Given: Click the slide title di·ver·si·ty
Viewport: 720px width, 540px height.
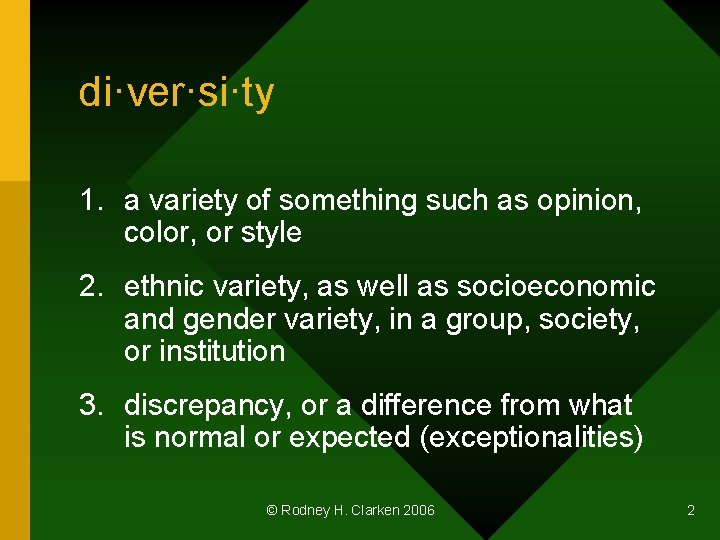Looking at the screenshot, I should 177,93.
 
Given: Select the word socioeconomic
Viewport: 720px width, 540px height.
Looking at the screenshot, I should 556,287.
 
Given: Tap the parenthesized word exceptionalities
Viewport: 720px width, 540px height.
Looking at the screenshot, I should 532,437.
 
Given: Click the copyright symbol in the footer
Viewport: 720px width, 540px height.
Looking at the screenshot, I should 271,510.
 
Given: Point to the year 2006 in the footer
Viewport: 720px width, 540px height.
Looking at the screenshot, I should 419,510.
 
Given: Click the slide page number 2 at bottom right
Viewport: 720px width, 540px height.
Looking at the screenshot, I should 690,510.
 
